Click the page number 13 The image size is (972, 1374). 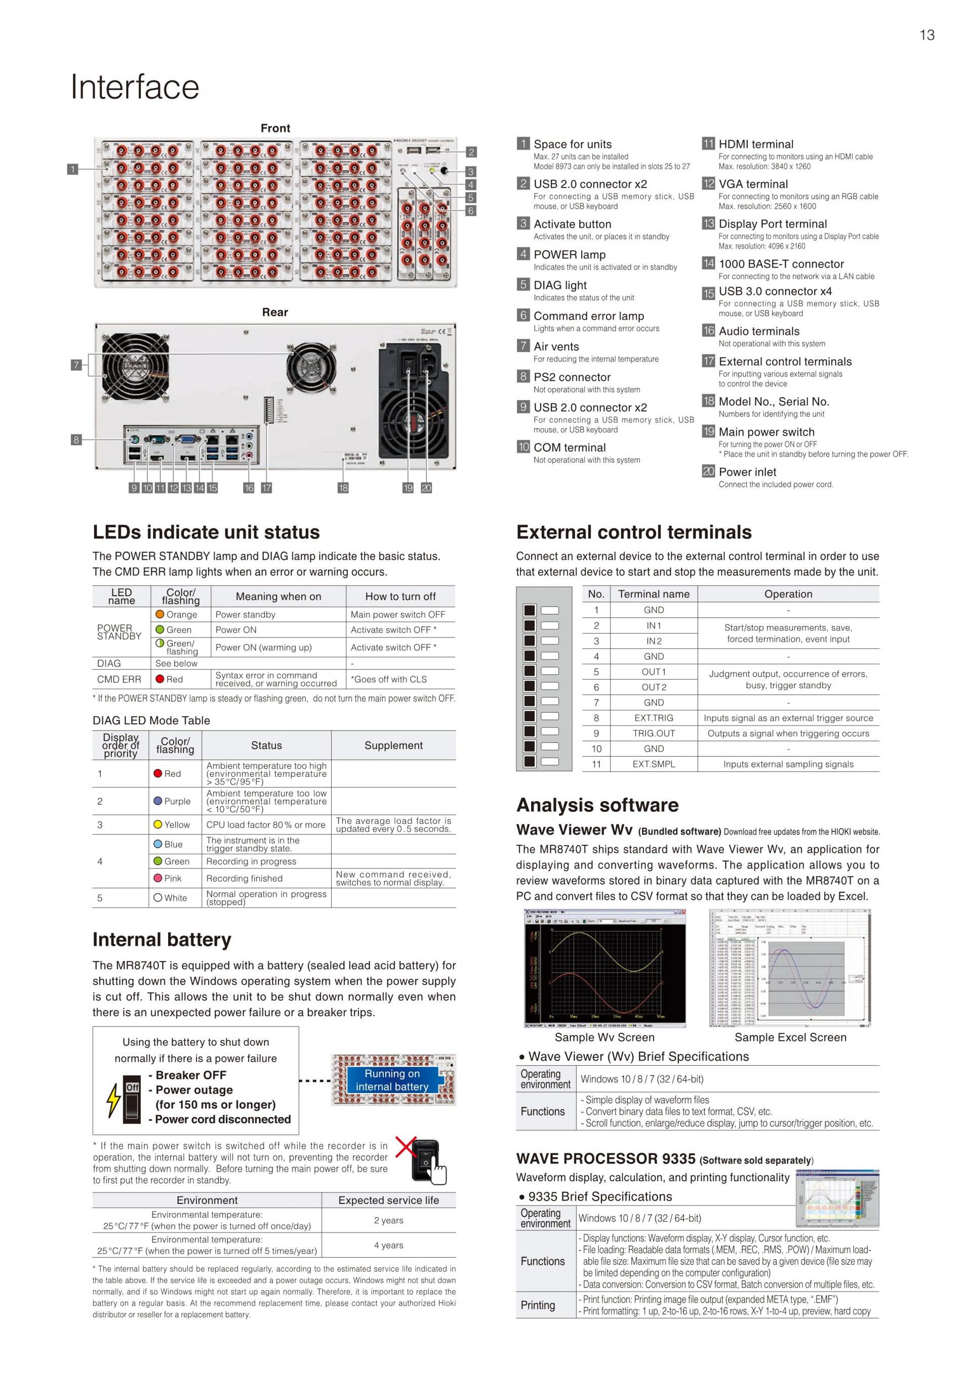926,35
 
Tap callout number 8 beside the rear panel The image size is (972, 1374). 76,440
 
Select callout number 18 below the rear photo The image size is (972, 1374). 343,488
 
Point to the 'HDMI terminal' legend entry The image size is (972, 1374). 755,144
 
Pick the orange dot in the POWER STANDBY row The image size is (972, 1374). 160,614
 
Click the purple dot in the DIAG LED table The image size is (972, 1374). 158,801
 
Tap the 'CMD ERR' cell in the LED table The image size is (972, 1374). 119,679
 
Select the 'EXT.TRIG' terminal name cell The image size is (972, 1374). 654,718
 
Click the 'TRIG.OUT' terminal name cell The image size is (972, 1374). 654,733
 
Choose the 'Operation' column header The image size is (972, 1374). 788,594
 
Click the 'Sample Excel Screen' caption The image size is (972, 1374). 790,1037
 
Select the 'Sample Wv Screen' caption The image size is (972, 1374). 604,1037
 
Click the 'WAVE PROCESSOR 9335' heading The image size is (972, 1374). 605,1158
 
